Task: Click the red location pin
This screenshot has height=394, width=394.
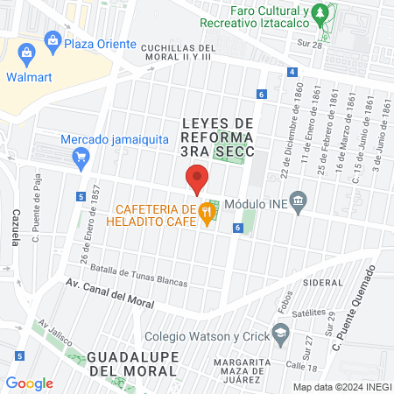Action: point(197,179)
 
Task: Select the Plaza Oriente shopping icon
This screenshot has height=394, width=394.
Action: point(53,39)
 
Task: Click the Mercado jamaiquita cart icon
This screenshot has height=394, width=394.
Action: point(81,158)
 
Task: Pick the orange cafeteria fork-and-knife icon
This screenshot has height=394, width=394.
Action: point(207,210)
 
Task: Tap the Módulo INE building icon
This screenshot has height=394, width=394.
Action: point(299,201)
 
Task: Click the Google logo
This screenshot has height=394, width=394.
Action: point(29,383)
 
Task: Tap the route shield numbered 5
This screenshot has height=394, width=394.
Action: point(81,197)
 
